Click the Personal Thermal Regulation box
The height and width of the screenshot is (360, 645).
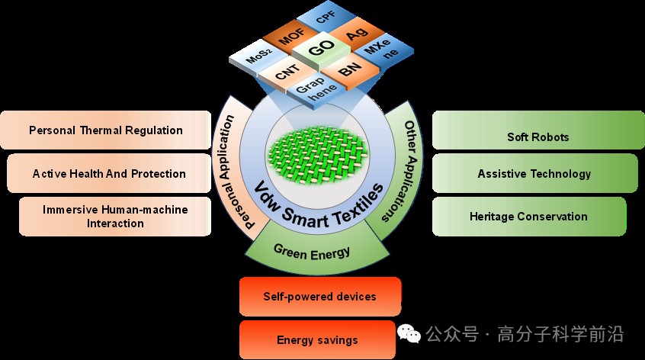tap(105, 130)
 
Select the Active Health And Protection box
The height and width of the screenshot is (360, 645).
tap(109, 173)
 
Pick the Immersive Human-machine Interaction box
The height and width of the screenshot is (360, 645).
tap(115, 216)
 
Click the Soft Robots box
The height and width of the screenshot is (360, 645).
tap(537, 137)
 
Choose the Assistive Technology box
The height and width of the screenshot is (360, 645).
tap(534, 173)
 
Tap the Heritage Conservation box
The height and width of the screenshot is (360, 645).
tap(528, 216)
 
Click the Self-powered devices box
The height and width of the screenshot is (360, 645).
tap(319, 296)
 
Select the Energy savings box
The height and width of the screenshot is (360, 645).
tap(316, 340)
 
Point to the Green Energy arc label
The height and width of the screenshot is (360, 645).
tap(311, 250)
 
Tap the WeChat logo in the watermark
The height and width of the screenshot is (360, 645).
tap(409, 334)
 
